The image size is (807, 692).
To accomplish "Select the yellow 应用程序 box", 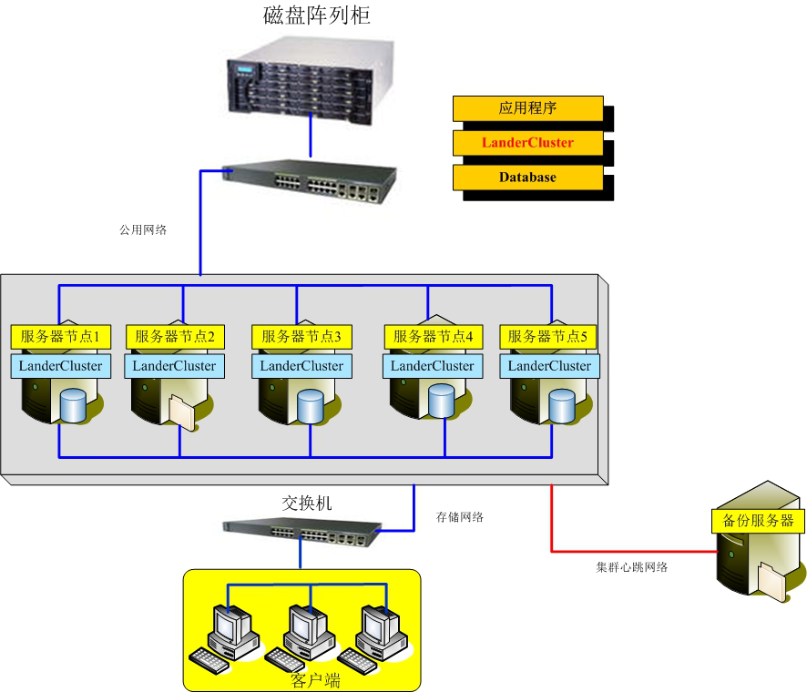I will click(x=527, y=108).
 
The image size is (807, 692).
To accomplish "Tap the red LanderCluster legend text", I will click(x=527, y=143).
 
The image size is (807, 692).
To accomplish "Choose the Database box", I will click(x=527, y=178).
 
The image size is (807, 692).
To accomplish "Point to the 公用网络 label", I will click(x=143, y=229).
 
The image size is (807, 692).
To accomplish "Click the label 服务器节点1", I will click(x=60, y=337).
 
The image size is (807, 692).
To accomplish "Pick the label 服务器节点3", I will click(x=301, y=337).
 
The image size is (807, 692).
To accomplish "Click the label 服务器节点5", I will click(x=547, y=337).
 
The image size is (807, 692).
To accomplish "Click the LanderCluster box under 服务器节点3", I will click(x=301, y=366).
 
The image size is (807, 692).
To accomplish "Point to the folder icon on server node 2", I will click(x=181, y=412).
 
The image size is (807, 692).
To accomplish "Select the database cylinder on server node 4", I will click(x=441, y=401).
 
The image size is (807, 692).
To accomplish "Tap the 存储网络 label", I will click(x=460, y=517).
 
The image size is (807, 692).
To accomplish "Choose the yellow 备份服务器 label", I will click(x=758, y=522).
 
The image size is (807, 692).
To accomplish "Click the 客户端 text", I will click(x=315, y=679).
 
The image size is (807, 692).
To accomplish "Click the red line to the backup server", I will click(x=628, y=551).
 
